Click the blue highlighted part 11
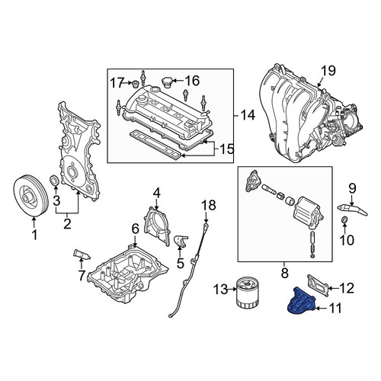coord(301,302)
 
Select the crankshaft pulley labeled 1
coord(30,196)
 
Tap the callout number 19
coord(328,71)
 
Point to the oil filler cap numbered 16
coord(167,82)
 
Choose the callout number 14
coord(248,115)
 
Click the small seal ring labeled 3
coord(54,181)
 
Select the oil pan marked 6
coord(128,274)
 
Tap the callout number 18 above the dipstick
coord(209,205)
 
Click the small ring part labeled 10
coord(344,219)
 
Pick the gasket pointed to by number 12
coord(318,285)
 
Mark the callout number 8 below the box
coord(285,273)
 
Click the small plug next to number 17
coord(136,83)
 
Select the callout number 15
coord(226,149)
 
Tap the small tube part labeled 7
coord(81,255)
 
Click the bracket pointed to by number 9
coord(353,210)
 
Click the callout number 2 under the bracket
coord(67,224)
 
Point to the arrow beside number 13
coord(232,289)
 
